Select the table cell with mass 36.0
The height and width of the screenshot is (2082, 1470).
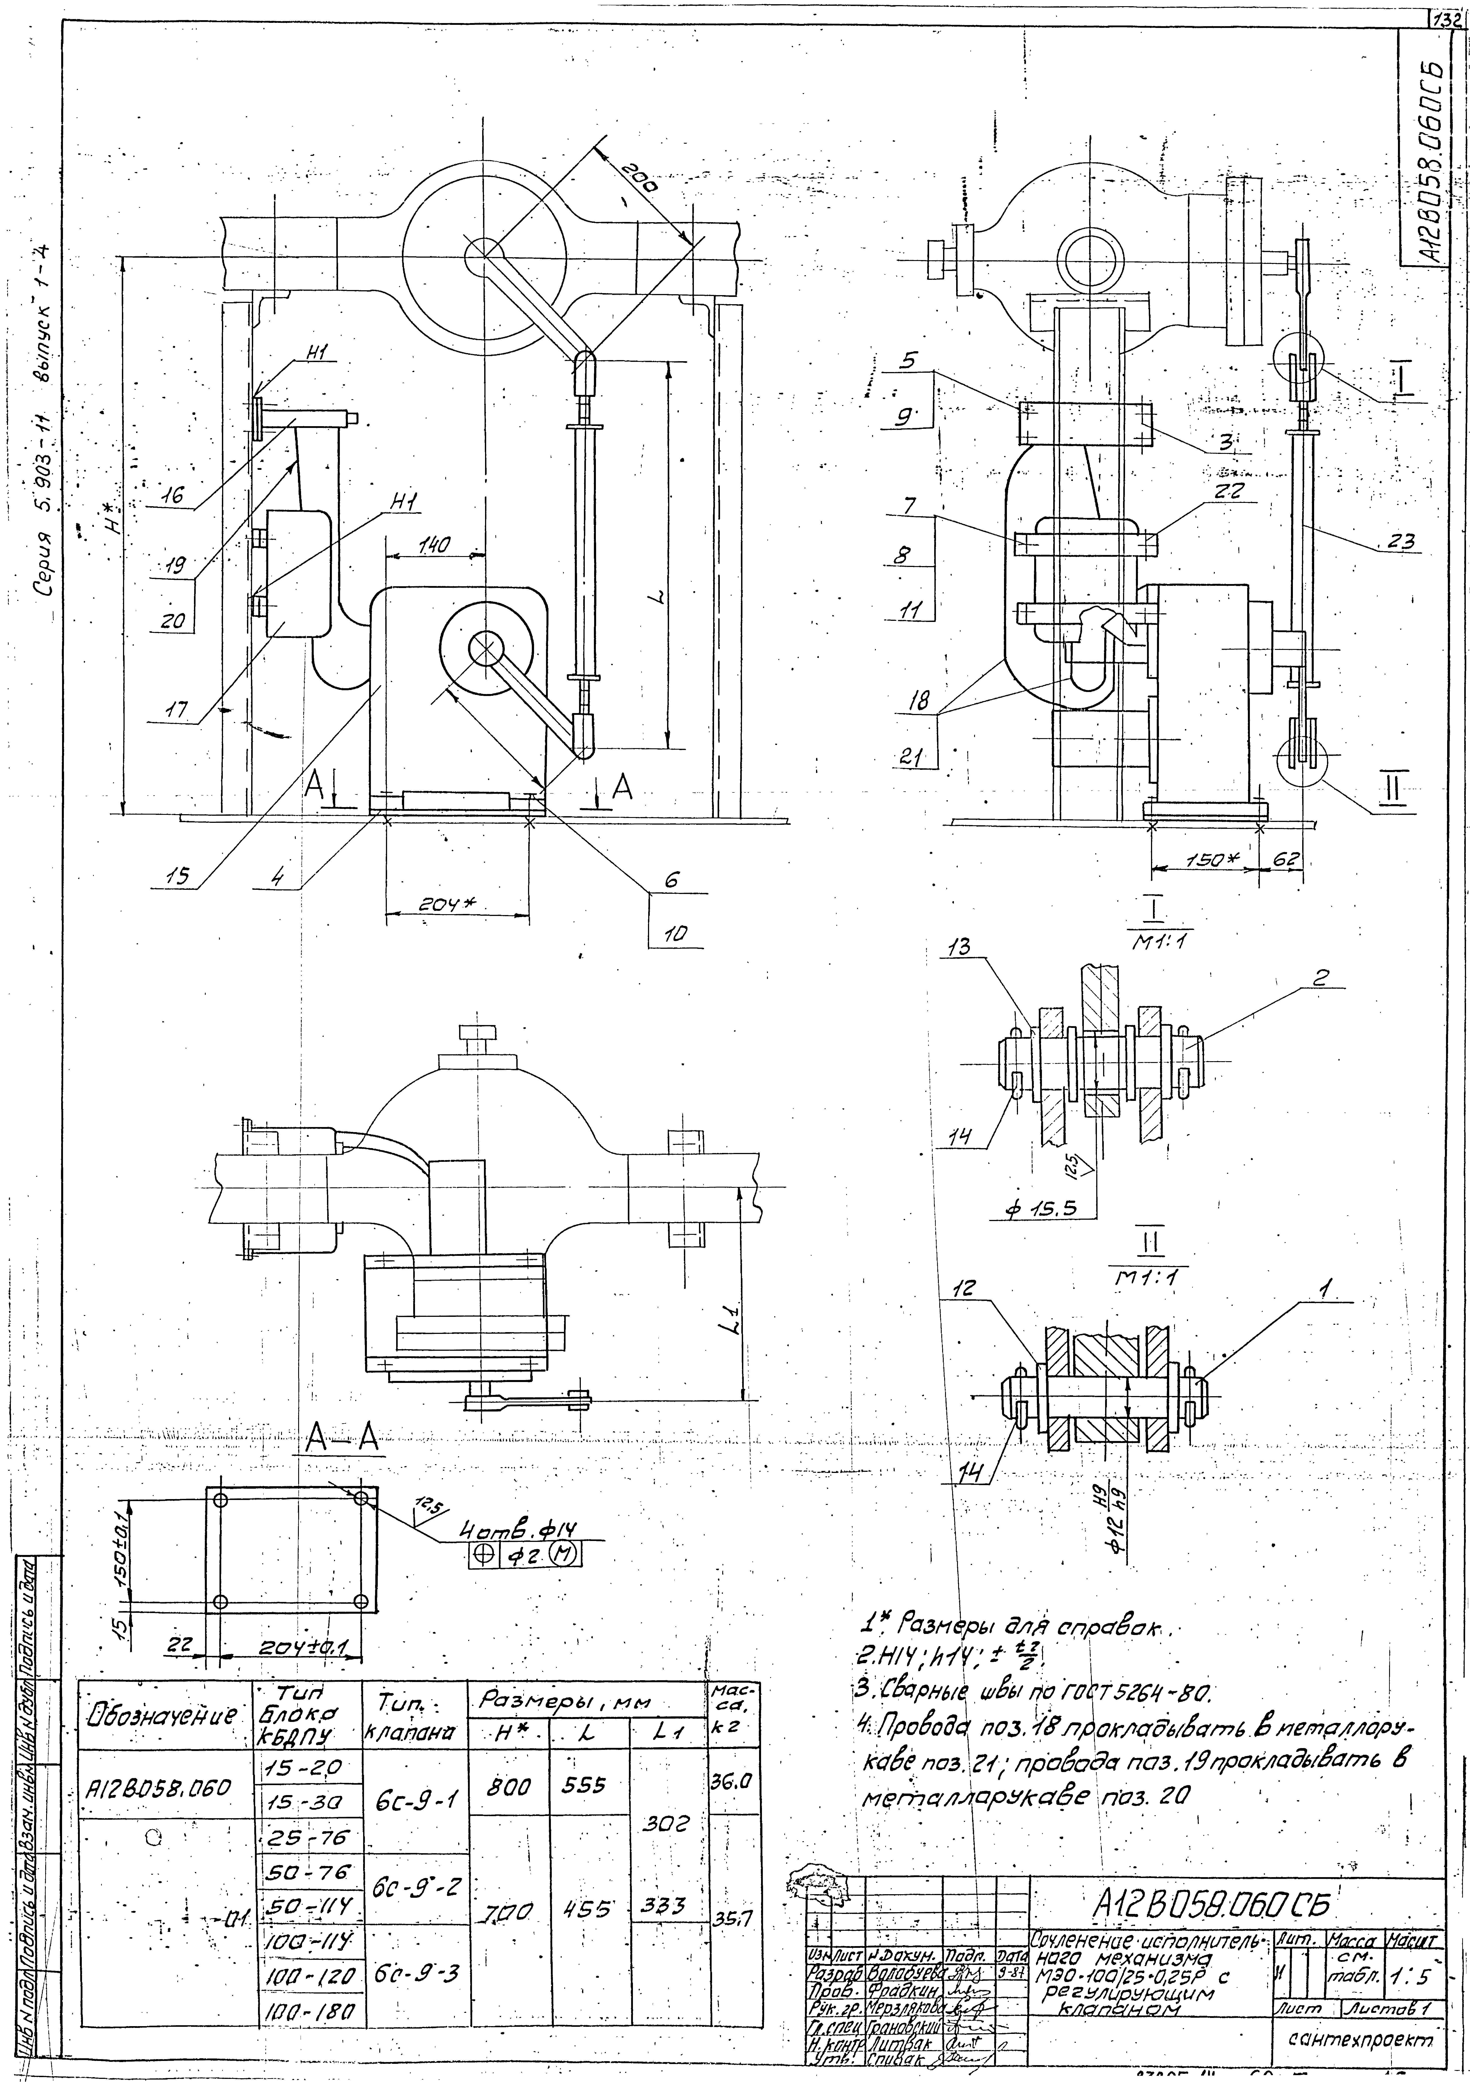tap(733, 1780)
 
